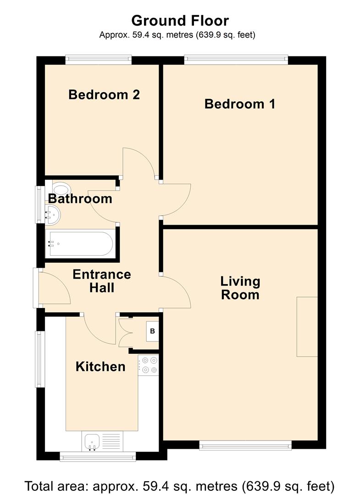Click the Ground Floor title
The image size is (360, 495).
180,21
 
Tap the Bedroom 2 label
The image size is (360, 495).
104,94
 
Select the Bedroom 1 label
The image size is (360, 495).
240,104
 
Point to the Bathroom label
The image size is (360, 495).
80,198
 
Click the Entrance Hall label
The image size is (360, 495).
102,281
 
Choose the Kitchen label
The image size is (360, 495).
100,367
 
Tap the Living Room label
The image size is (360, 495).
240,288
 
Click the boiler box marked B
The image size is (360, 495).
153,331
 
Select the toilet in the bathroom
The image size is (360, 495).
61,189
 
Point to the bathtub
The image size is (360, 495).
80,244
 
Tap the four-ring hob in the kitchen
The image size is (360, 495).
149,365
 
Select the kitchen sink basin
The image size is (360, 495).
92,441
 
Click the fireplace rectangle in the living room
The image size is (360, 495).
307,327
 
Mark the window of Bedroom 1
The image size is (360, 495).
236,60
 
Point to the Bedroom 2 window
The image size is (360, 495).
99,60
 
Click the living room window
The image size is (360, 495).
245,445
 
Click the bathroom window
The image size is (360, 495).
40,204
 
